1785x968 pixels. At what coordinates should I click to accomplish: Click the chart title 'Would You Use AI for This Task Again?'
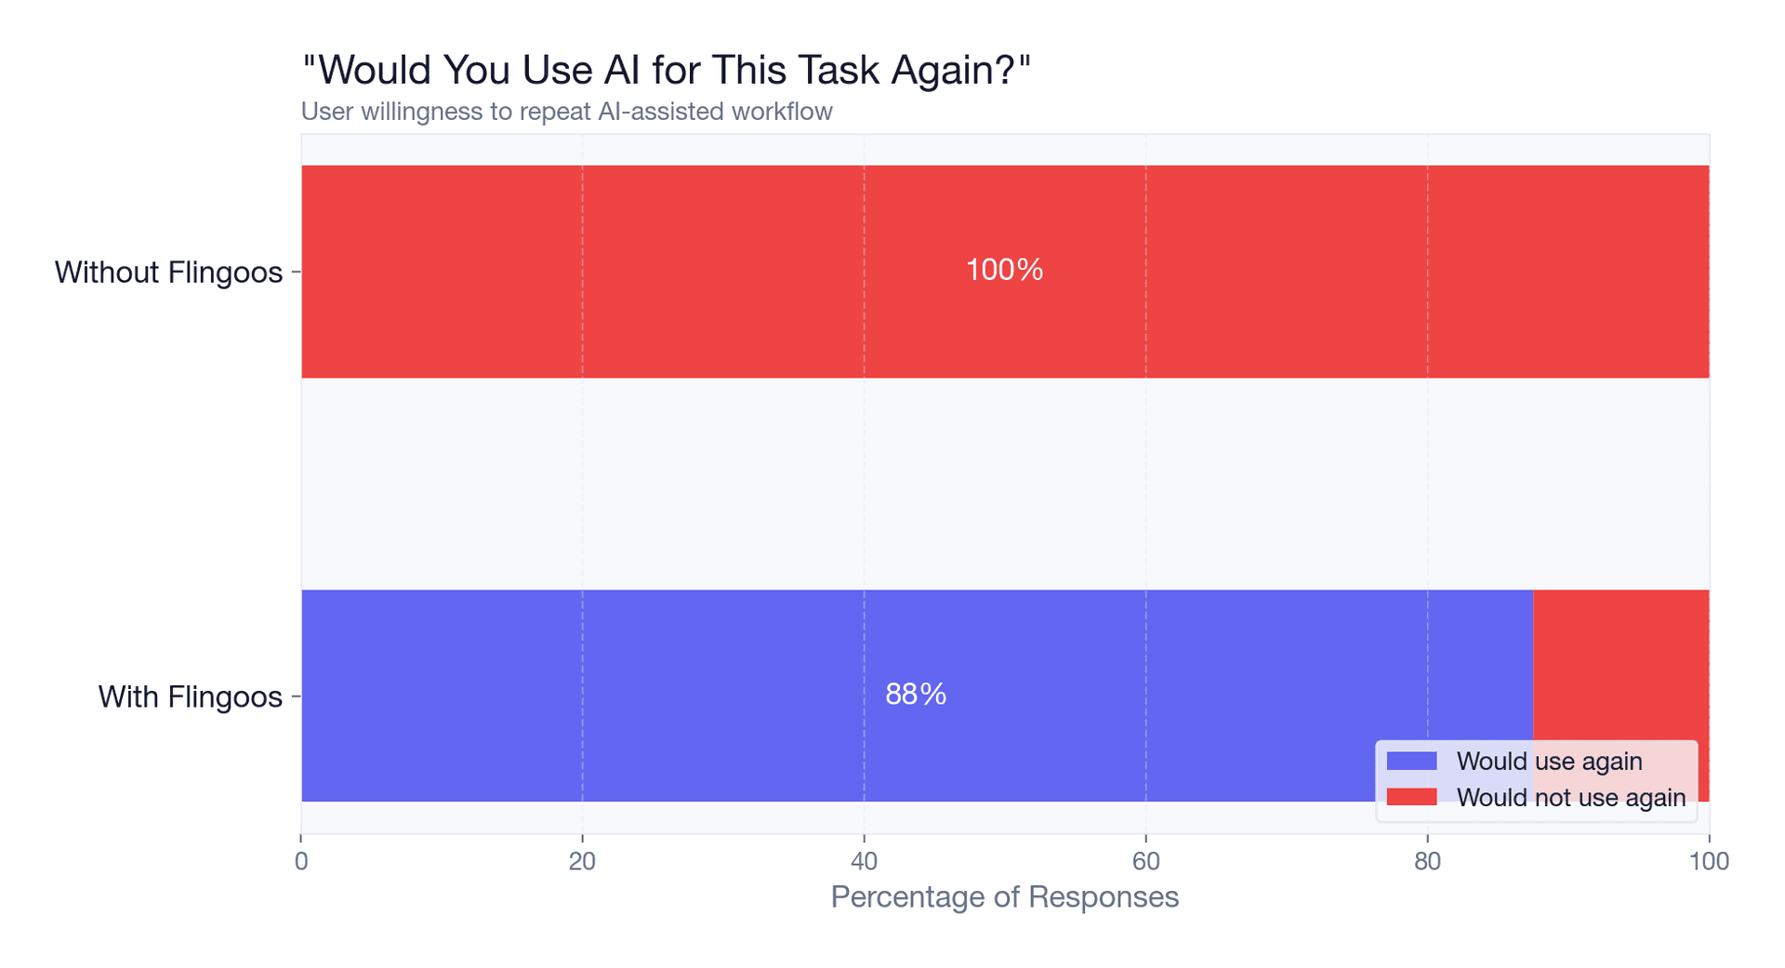(667, 70)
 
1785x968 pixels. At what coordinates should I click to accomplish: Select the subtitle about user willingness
(566, 112)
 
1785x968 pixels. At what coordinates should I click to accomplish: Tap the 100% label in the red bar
(1004, 270)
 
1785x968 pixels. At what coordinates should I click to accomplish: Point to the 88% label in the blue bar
(916, 694)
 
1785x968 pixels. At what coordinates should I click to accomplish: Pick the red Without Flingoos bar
(651, 272)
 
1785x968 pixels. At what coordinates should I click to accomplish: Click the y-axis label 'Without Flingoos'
(168, 272)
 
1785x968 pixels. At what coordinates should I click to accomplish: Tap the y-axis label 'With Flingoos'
(190, 696)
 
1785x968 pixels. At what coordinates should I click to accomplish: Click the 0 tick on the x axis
(301, 861)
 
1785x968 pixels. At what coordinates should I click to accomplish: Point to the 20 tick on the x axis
(582, 861)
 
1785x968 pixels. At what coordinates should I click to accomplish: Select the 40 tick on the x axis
(864, 861)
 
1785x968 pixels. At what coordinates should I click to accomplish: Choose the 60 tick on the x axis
(1145, 861)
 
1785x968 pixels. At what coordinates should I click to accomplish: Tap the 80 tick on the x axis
(1427, 861)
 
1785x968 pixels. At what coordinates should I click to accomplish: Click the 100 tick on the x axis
(1709, 861)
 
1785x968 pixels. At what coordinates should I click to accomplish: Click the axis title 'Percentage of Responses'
(1004, 896)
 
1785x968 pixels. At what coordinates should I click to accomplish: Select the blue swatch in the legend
(1410, 761)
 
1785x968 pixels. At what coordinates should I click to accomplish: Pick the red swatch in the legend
(1410, 797)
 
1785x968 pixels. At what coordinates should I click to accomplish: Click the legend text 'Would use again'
(1549, 761)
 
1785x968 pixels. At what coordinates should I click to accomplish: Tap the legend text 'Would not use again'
(1570, 797)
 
